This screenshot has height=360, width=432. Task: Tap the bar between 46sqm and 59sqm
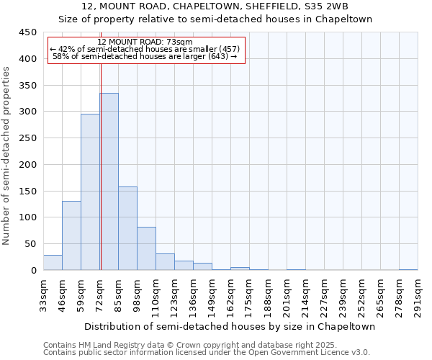tap(71, 235)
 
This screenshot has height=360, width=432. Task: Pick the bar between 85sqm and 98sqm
tap(127, 228)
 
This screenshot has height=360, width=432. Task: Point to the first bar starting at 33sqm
tap(53, 263)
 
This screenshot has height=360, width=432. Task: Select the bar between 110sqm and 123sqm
tap(165, 262)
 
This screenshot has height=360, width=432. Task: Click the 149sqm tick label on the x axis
tap(212, 297)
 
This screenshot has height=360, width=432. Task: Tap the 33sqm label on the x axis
tap(43, 297)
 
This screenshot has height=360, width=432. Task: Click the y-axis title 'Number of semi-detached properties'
tap(7, 155)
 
